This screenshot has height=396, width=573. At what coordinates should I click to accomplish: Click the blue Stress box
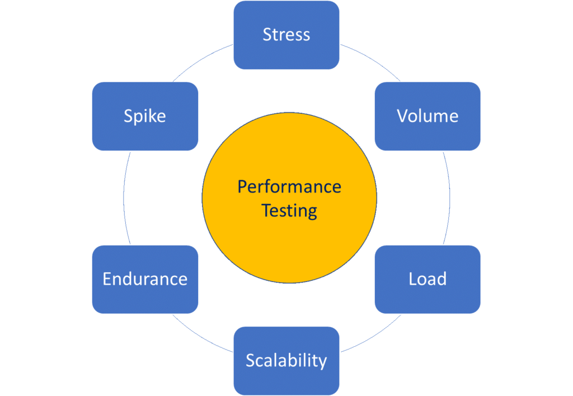point(286,35)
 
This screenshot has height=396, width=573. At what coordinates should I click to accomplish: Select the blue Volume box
point(428,116)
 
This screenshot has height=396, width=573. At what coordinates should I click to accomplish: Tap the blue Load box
point(428,279)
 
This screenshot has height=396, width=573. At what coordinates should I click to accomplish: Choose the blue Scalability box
point(286,361)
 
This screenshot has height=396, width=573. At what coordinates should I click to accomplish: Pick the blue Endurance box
point(145,279)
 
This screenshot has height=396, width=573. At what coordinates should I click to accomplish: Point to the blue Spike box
point(145,116)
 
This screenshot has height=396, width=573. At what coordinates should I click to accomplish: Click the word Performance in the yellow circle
point(289,186)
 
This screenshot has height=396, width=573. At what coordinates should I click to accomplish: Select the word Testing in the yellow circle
point(289,211)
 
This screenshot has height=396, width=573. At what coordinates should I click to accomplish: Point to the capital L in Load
point(413,279)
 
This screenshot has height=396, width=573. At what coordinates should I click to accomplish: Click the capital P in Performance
point(242,186)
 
